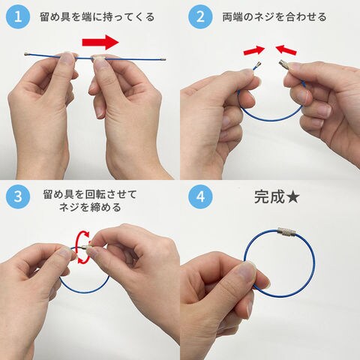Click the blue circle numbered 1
pyautogui.click(x=18, y=16)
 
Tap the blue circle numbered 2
pyautogui.click(x=200, y=16)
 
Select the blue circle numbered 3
pyautogui.click(x=18, y=196)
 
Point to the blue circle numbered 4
pyautogui.click(x=200, y=196)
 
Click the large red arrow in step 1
pyautogui.click(x=100, y=42)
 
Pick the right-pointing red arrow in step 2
pyautogui.click(x=254, y=50)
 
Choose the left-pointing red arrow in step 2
pyautogui.click(x=286, y=49)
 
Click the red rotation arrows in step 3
pyautogui.click(x=82, y=247)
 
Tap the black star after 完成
pyautogui.click(x=292, y=197)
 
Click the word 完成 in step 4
pyautogui.click(x=269, y=197)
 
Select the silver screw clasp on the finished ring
pyautogui.click(x=287, y=232)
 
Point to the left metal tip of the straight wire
pyautogui.click(x=26, y=54)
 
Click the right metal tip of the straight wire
pyautogui.click(x=163, y=59)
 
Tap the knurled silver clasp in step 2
pyautogui.click(x=285, y=65)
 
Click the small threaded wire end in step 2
pyautogui.click(x=258, y=65)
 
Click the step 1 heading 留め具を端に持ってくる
pyautogui.click(x=97, y=17)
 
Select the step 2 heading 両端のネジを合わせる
pyautogui.click(x=274, y=17)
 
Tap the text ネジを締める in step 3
pyautogui.click(x=90, y=208)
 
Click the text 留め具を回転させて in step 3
pyautogui.click(x=90, y=194)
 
